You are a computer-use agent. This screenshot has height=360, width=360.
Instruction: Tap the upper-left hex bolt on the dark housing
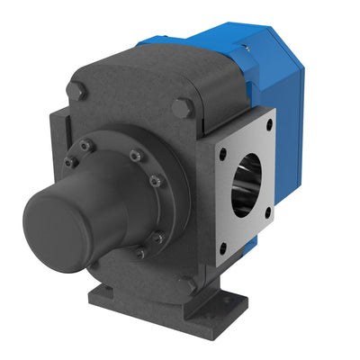pos(77,91)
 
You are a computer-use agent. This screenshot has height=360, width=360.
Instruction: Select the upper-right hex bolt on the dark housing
pos(182,107)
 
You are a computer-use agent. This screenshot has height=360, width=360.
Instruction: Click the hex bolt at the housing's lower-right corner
pos(186,285)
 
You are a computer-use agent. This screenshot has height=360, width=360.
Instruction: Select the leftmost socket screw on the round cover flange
pos(68,162)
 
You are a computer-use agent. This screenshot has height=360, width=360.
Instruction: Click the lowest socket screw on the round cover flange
pos(139,254)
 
